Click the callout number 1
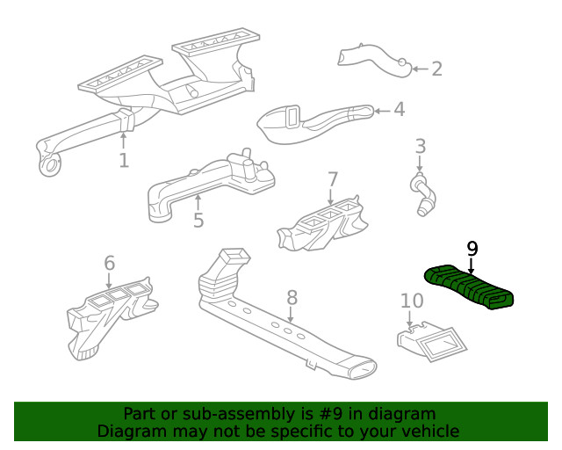(124, 160)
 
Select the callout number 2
(436, 69)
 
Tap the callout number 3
(421, 147)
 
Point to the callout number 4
(399, 110)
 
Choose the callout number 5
(198, 220)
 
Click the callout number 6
(109, 263)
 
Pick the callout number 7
(332, 179)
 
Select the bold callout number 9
(472, 249)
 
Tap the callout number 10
(412, 301)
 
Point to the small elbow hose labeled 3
(421, 192)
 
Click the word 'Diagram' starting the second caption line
(131, 431)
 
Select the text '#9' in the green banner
(330, 414)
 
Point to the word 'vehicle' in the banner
(429, 431)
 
